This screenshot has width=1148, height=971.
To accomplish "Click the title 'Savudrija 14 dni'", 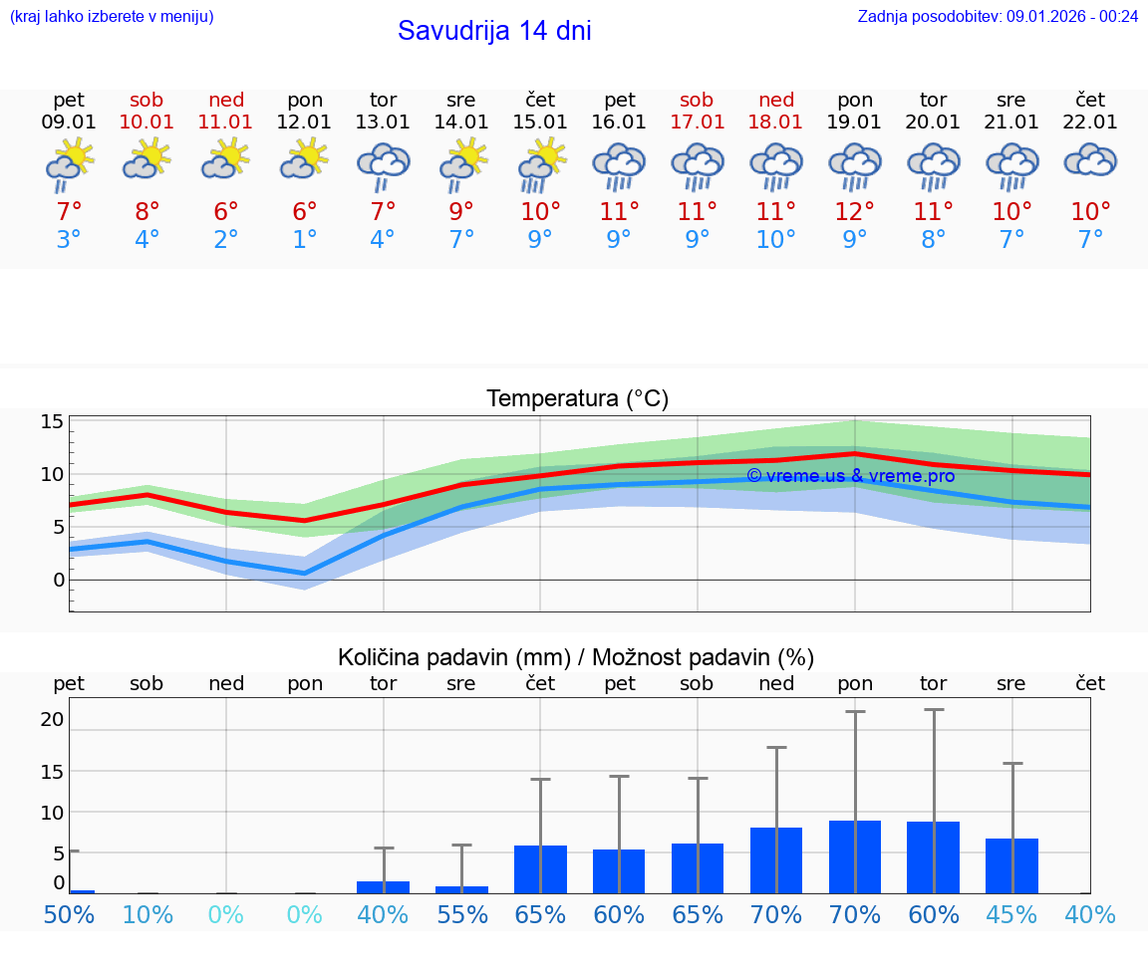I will pyautogui.click(x=494, y=31).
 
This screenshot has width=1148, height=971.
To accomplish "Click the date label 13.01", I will pyautogui.click(x=383, y=121).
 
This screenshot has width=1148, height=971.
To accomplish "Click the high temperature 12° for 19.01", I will pyautogui.click(x=854, y=212).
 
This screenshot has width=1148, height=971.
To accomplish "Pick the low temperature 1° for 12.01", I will pyautogui.click(x=304, y=240).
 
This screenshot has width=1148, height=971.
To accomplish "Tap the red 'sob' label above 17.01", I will pyautogui.click(x=697, y=100).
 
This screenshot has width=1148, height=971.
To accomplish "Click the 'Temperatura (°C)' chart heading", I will pyautogui.click(x=577, y=398).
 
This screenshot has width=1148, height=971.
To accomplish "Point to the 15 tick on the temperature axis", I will pyautogui.click(x=52, y=421).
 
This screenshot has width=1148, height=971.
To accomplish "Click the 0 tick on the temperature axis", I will pyautogui.click(x=58, y=580).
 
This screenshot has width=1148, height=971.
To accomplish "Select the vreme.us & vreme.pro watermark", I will pyautogui.click(x=850, y=476).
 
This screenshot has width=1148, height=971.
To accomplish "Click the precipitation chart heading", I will pyautogui.click(x=576, y=657).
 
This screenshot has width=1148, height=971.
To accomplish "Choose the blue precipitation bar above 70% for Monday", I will pyautogui.click(x=854, y=856).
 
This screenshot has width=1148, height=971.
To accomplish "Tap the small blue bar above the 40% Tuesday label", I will pyautogui.click(x=383, y=886).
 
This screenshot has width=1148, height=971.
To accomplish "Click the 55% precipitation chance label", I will pyautogui.click(x=461, y=914).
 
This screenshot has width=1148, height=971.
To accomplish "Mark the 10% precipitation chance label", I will pyautogui.click(x=146, y=914).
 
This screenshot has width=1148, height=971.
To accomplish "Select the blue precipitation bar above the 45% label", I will pyautogui.click(x=1011, y=865).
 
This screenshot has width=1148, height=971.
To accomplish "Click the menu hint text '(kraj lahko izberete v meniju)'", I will pyautogui.click(x=112, y=16).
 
